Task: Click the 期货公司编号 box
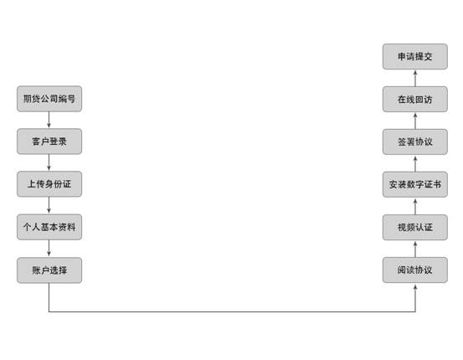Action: (49, 99)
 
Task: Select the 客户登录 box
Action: (49, 141)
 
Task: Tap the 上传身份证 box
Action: (49, 184)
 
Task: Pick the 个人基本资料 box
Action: (49, 227)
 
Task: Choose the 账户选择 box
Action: (49, 270)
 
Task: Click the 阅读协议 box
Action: (415, 270)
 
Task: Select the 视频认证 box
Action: (415, 228)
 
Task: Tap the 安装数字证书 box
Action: (415, 184)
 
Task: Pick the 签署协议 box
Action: (415, 141)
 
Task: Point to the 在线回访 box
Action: (415, 100)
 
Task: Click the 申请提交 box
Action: (415, 56)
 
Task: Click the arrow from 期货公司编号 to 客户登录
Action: (49, 120)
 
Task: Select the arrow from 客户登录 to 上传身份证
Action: (49, 162)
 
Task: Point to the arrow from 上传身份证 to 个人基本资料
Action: (49, 206)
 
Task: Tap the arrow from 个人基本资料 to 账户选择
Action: (49, 249)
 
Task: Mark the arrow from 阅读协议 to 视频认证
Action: (415, 249)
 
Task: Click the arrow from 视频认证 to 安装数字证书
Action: (415, 206)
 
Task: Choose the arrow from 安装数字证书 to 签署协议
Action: (415, 163)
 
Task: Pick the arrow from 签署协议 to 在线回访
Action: (415, 121)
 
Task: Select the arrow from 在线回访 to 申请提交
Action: (415, 78)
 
